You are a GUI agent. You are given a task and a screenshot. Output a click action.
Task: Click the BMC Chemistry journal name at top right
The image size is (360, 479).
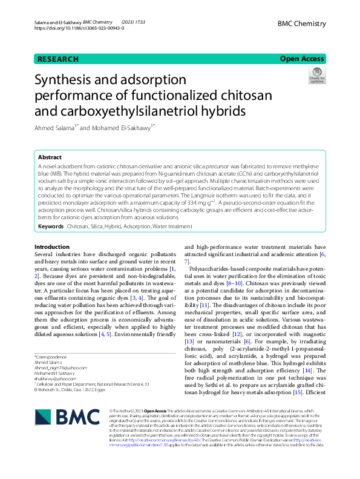point(301,24)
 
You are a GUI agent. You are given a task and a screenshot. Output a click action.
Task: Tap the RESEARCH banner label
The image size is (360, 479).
point(57,59)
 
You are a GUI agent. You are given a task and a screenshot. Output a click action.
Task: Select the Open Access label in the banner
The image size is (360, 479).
point(302,59)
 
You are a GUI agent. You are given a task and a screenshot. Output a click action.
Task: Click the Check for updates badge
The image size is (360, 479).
point(316,76)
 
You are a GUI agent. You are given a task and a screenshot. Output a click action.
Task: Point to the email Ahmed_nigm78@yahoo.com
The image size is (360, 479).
point(61,367)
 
